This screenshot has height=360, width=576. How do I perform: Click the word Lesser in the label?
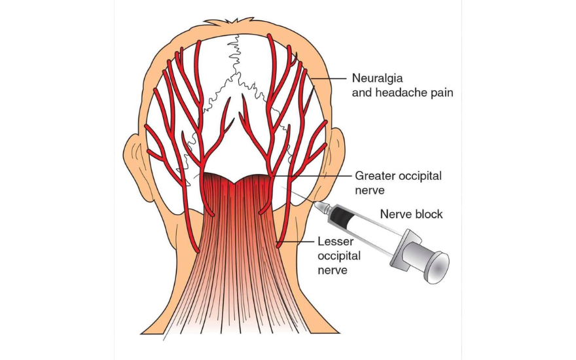[332, 242]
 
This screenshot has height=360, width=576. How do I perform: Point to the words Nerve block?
[412, 214]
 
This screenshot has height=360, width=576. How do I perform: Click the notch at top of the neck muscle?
[237, 178]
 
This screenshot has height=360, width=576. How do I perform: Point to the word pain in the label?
[441, 93]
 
